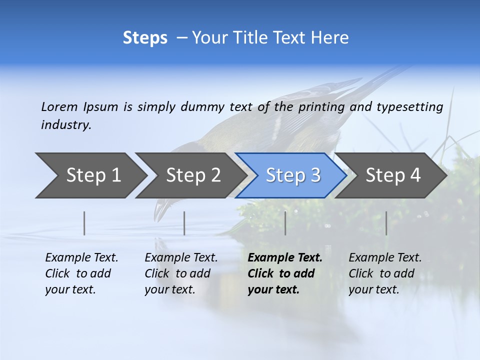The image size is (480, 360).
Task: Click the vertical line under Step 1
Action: click(x=84, y=223)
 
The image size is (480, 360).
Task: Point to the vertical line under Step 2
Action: click(x=184, y=223)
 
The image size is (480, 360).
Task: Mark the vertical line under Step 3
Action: click(x=285, y=223)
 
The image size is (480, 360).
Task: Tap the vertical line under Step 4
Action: click(x=386, y=223)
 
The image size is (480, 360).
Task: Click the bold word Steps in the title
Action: click(x=145, y=38)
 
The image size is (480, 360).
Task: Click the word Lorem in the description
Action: click(x=59, y=106)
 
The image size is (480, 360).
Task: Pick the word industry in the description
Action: click(x=65, y=125)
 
